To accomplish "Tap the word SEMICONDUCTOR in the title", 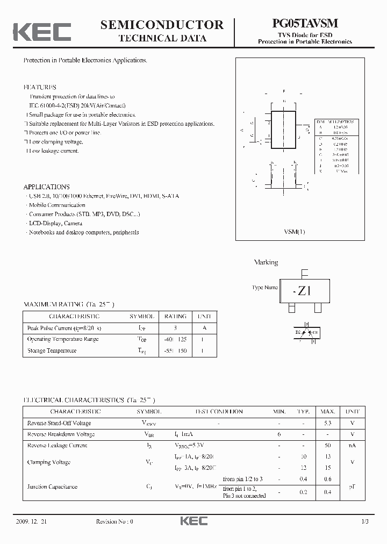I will click(162, 24).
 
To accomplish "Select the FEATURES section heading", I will click(39, 87).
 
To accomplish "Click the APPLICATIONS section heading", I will click(46, 187).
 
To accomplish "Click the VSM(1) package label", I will click(294, 232).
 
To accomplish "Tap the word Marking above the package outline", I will click(266, 262).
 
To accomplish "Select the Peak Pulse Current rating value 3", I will click(175, 328).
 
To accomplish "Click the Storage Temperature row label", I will click(52, 350).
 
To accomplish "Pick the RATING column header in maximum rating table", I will click(175, 317).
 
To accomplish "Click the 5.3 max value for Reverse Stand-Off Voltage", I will click(328, 423).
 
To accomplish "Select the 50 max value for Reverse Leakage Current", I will click(328, 446).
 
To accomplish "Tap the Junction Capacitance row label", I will click(52, 486).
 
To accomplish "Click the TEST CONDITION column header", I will click(219, 412).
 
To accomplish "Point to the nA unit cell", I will click(353, 446).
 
